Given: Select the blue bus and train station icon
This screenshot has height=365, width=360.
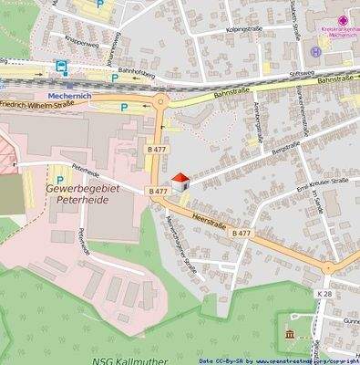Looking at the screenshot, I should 61,67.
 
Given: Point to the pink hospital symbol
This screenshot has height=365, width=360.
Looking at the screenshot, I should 343,20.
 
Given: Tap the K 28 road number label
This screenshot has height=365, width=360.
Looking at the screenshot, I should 325,294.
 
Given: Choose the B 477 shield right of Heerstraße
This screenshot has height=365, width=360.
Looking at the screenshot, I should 242,234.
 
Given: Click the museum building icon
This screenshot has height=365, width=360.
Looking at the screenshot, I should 290,336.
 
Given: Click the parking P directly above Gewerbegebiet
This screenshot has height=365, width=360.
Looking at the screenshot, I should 60,180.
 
